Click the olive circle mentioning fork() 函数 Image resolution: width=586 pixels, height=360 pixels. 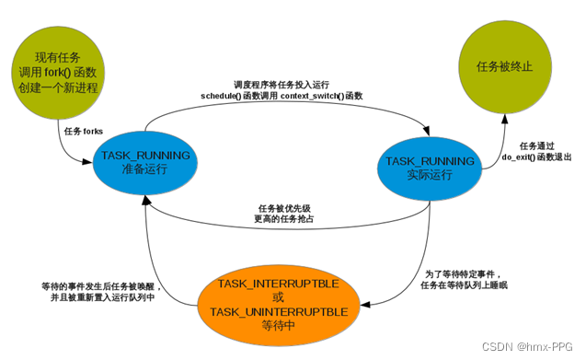(x=58, y=72)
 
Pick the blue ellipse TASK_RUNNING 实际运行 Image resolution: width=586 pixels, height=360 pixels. (x=431, y=167)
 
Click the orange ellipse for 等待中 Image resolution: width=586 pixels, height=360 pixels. (x=279, y=304)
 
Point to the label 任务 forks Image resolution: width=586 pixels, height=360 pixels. (x=84, y=131)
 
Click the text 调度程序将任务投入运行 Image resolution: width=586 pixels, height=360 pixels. (x=288, y=84)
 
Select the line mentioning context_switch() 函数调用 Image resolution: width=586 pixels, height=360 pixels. (x=288, y=97)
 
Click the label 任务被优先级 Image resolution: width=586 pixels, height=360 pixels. (x=287, y=208)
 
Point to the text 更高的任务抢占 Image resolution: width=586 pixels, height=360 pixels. (x=287, y=220)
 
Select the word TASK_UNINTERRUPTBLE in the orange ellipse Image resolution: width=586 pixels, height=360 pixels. (x=279, y=312)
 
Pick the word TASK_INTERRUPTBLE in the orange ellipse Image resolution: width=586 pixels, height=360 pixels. (x=279, y=280)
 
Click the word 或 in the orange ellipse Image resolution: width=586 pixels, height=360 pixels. (x=279, y=296)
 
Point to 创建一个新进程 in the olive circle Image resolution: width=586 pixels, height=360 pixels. (x=58, y=88)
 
